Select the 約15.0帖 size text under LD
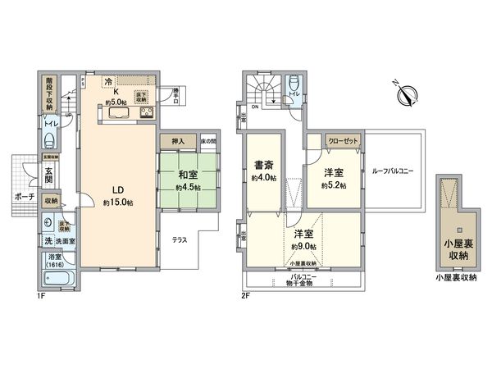pos(117,202)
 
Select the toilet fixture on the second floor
pos(294,84)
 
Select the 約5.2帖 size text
pos(334,185)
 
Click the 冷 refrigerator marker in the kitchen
pos(109,81)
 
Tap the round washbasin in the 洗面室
pos(50,223)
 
